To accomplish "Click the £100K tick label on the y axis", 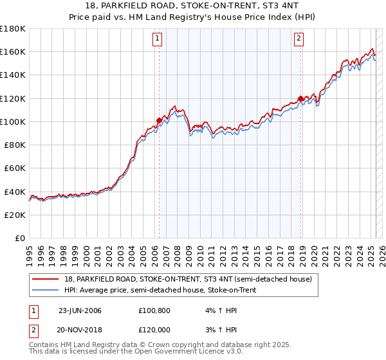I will [x=13, y=122].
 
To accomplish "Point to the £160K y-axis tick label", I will [x=13, y=51].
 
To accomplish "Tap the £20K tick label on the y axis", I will [x=15, y=215].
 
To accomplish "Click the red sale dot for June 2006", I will [x=159, y=120].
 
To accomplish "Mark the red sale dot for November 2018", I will [x=300, y=98].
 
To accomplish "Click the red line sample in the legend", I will [x=46, y=279].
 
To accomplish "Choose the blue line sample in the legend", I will [x=46, y=291].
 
